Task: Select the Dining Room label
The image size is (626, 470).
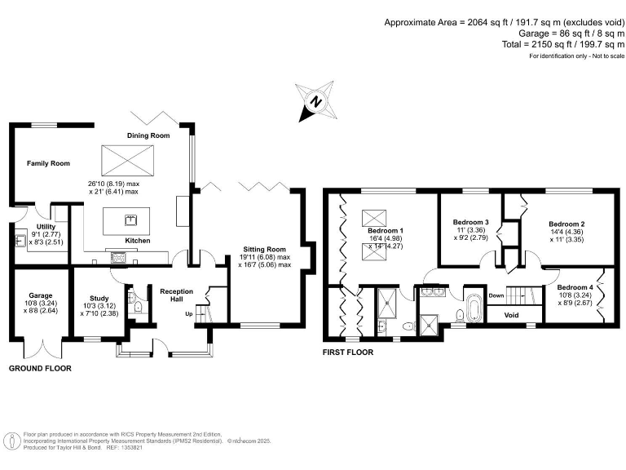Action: [148, 135]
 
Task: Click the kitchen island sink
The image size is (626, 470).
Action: [130, 219]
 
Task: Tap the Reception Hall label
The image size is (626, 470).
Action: [175, 295]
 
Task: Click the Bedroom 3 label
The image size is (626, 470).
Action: [471, 222]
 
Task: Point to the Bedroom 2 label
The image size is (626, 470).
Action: [566, 224]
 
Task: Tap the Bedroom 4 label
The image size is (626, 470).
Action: [575, 287]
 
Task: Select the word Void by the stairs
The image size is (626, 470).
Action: [512, 315]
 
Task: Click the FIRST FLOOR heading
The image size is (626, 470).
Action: [348, 352]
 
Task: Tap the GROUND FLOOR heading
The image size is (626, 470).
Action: [40, 369]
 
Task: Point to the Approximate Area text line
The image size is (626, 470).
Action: [505, 22]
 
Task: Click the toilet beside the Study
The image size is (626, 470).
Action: [138, 308]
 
